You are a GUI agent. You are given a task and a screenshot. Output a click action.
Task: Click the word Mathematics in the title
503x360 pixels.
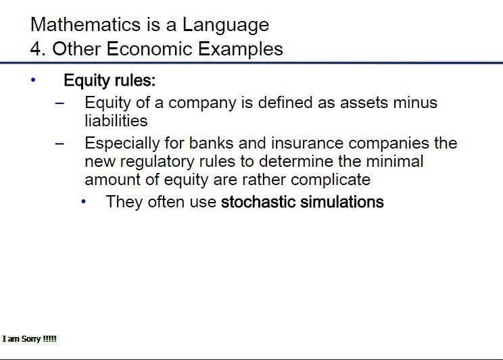(x=85, y=24)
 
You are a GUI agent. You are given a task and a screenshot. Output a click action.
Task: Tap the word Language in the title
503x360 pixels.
(x=226, y=26)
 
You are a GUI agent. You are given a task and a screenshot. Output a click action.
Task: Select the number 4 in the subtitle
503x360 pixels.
(x=36, y=49)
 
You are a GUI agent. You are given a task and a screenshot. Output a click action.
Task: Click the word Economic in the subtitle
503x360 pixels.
(x=149, y=49)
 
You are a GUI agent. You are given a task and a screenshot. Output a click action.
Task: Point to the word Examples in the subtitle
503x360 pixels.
(x=240, y=50)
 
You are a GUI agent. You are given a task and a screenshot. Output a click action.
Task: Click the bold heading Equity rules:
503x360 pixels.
(x=110, y=80)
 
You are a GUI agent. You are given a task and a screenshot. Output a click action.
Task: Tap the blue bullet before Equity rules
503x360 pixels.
(x=33, y=80)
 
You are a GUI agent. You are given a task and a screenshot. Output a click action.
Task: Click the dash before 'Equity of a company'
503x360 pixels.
(x=59, y=103)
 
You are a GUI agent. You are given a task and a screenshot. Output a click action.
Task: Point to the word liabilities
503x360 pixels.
(x=116, y=120)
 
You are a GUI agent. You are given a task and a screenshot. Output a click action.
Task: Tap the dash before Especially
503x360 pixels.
(x=59, y=144)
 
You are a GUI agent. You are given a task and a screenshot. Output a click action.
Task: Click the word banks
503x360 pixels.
(x=211, y=143)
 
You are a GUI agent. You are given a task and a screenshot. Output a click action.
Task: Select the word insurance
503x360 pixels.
(x=307, y=143)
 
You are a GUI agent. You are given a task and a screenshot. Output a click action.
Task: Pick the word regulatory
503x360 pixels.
(x=157, y=162)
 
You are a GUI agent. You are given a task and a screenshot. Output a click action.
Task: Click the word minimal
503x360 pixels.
(x=395, y=161)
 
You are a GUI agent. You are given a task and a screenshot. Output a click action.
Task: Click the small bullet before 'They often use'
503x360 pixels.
(x=84, y=202)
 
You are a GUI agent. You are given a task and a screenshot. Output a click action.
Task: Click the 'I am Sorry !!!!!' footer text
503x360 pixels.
(x=30, y=339)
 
